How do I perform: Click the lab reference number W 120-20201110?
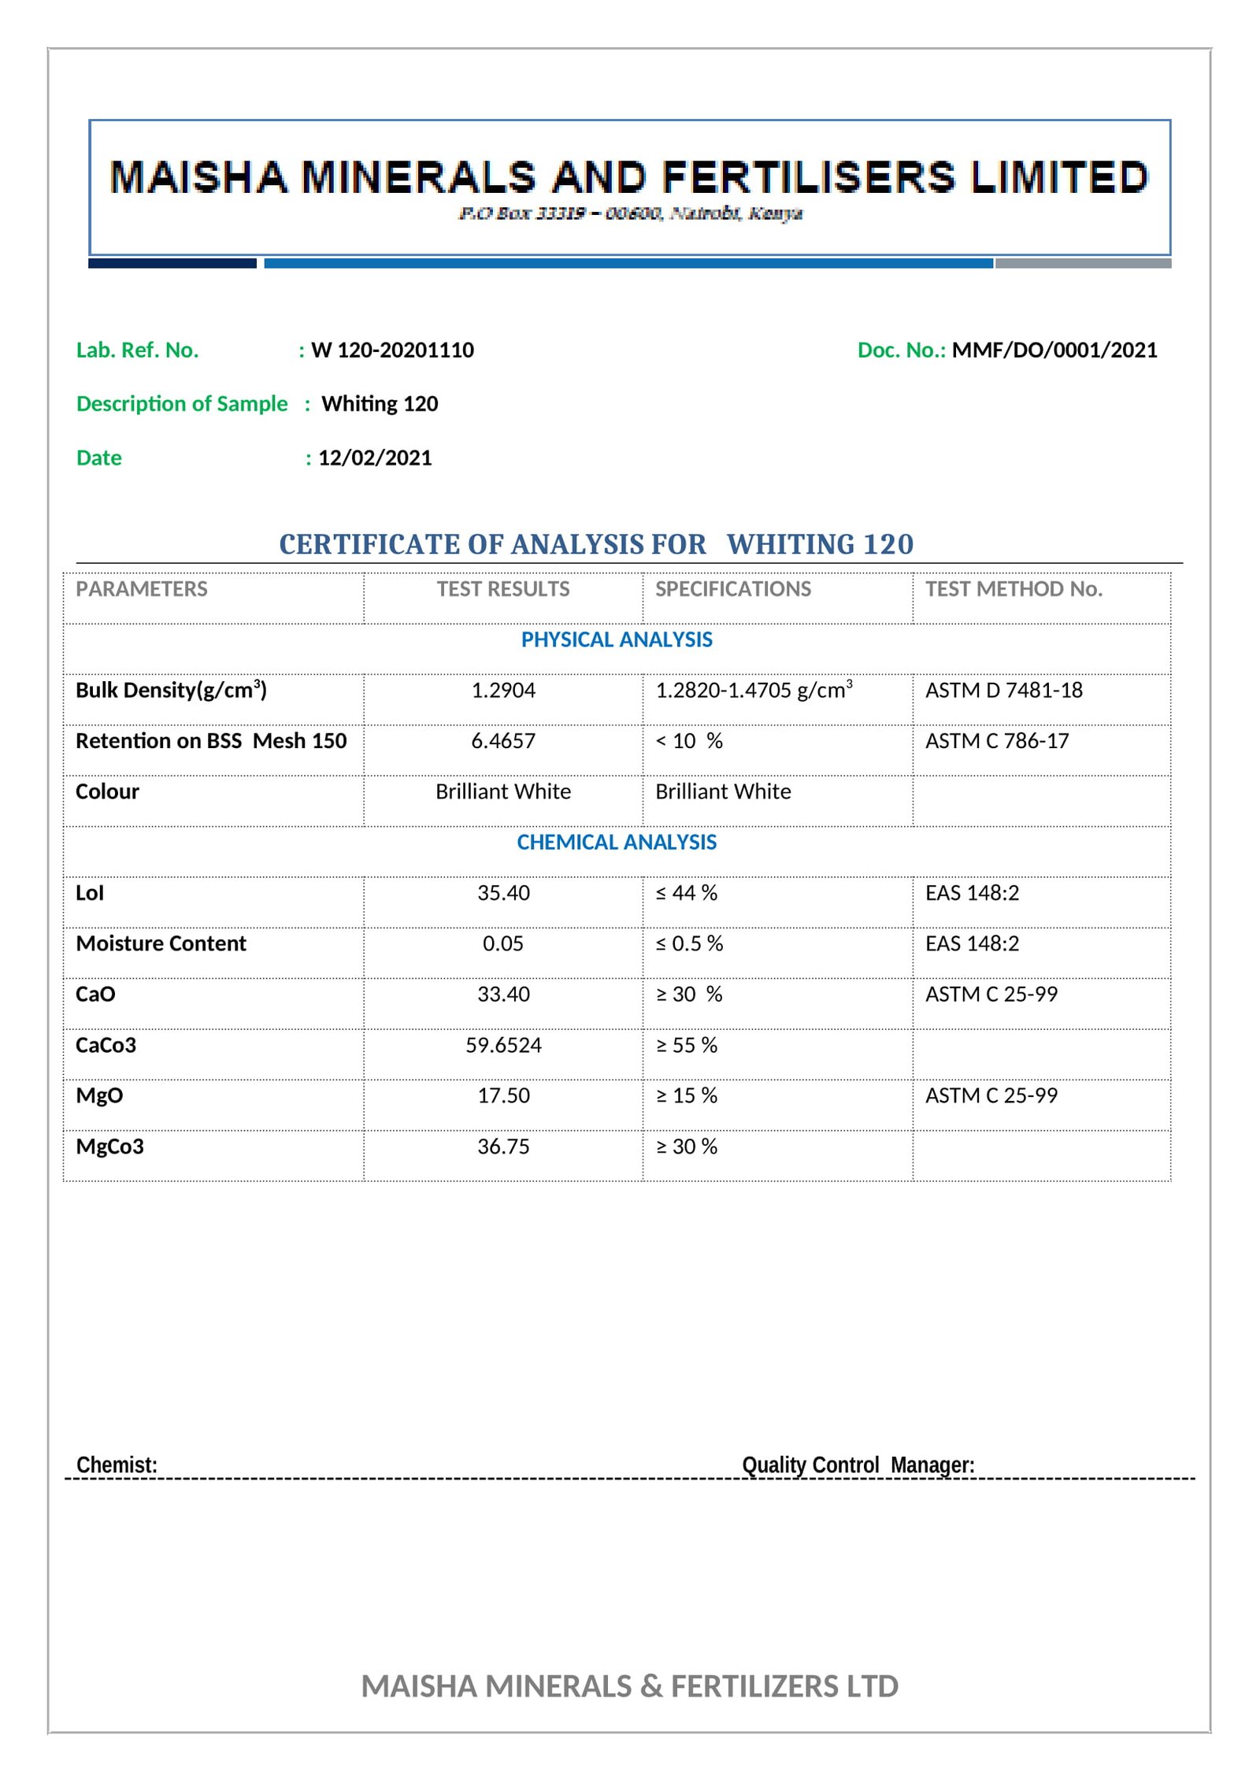392,350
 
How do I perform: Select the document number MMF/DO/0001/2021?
1054,350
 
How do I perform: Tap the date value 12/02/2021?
375,458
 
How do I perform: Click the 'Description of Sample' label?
182,404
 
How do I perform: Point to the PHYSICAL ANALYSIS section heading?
617,639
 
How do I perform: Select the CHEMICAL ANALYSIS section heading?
617,843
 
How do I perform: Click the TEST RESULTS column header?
503,589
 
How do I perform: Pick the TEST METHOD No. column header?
1014,589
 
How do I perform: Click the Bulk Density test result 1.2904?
503,691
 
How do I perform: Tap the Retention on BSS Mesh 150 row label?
211,741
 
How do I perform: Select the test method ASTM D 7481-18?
1003,691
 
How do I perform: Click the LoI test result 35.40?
503,893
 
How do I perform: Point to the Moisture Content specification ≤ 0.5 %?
689,943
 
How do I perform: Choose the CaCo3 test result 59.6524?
503,1045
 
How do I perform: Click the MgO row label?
99,1095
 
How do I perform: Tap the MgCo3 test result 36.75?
503,1147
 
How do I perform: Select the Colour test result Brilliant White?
503,791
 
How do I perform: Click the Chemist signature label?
117,1465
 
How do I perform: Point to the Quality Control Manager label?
858,1465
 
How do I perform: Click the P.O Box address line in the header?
630,213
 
